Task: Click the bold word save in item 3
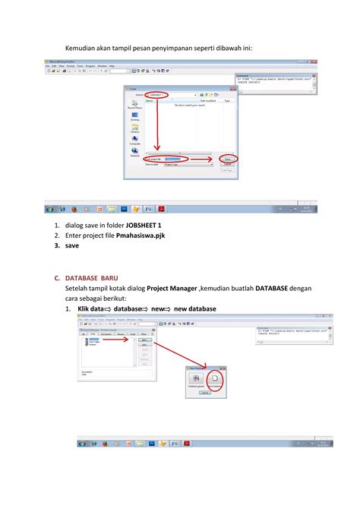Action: (x=71, y=246)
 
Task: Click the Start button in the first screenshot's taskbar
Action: (x=50, y=208)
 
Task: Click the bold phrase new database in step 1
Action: (x=195, y=309)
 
